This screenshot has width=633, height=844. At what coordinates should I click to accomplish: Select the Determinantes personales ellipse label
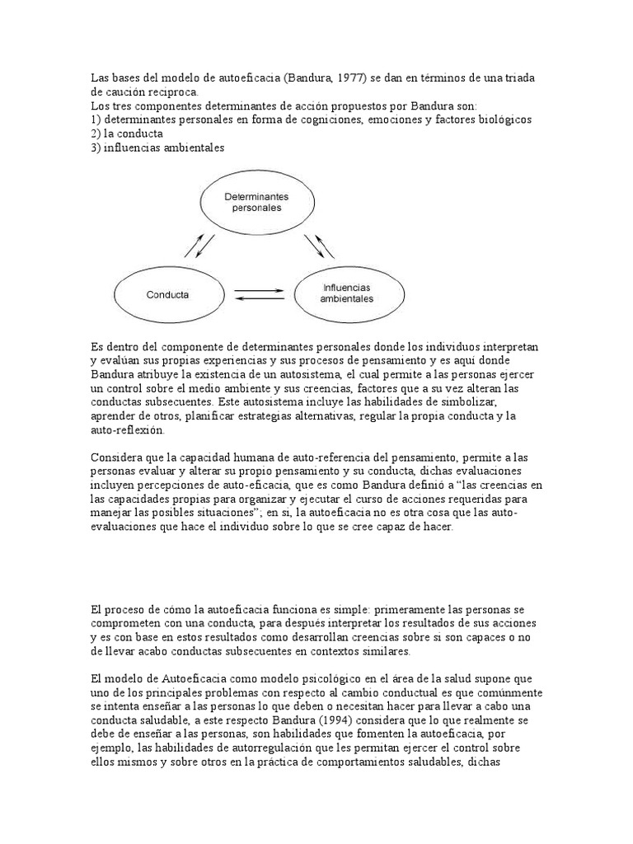253,203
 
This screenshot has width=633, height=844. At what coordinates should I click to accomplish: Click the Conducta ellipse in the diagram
167,294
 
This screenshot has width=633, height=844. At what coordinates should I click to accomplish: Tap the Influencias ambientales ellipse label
345,293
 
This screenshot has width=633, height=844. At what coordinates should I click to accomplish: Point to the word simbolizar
473,402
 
